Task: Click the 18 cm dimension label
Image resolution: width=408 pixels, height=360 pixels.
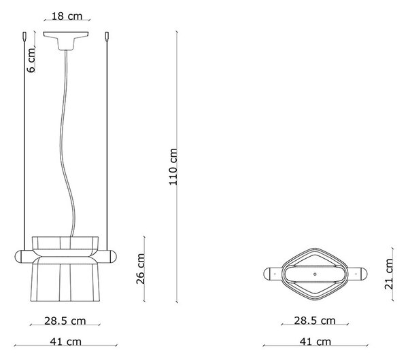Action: coord(67,16)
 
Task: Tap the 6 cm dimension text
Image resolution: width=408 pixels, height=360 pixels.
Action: coord(31,60)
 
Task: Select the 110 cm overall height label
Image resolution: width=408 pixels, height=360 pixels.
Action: coord(173,166)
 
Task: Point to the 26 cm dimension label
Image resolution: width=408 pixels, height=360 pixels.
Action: coord(141,269)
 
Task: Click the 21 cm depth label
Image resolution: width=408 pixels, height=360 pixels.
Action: coord(389,274)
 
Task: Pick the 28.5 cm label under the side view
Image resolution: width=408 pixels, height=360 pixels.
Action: coord(65,321)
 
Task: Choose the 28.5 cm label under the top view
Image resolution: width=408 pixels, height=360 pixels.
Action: coord(315,321)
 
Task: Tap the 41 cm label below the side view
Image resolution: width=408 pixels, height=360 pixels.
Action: coord(65,342)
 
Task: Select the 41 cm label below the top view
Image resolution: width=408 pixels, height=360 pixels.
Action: coord(316,342)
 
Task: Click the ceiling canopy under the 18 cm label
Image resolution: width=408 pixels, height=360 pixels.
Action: coord(66,39)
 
